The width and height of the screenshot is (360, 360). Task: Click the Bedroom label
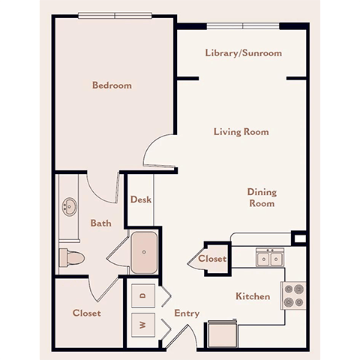112,85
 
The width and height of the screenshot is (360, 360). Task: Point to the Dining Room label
261,197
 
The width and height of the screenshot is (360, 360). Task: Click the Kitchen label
253,296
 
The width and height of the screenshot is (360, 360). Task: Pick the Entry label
187,313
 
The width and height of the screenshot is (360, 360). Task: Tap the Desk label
141,199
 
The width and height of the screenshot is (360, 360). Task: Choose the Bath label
100,223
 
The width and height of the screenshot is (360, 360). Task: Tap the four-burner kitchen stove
294,295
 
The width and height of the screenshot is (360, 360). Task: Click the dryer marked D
142,295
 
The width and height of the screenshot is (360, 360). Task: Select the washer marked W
142,326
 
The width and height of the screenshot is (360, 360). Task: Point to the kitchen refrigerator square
223,334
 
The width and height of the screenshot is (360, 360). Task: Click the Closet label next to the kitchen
212,259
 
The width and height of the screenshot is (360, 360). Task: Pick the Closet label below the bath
86,313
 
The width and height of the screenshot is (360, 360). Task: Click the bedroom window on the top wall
115,16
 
